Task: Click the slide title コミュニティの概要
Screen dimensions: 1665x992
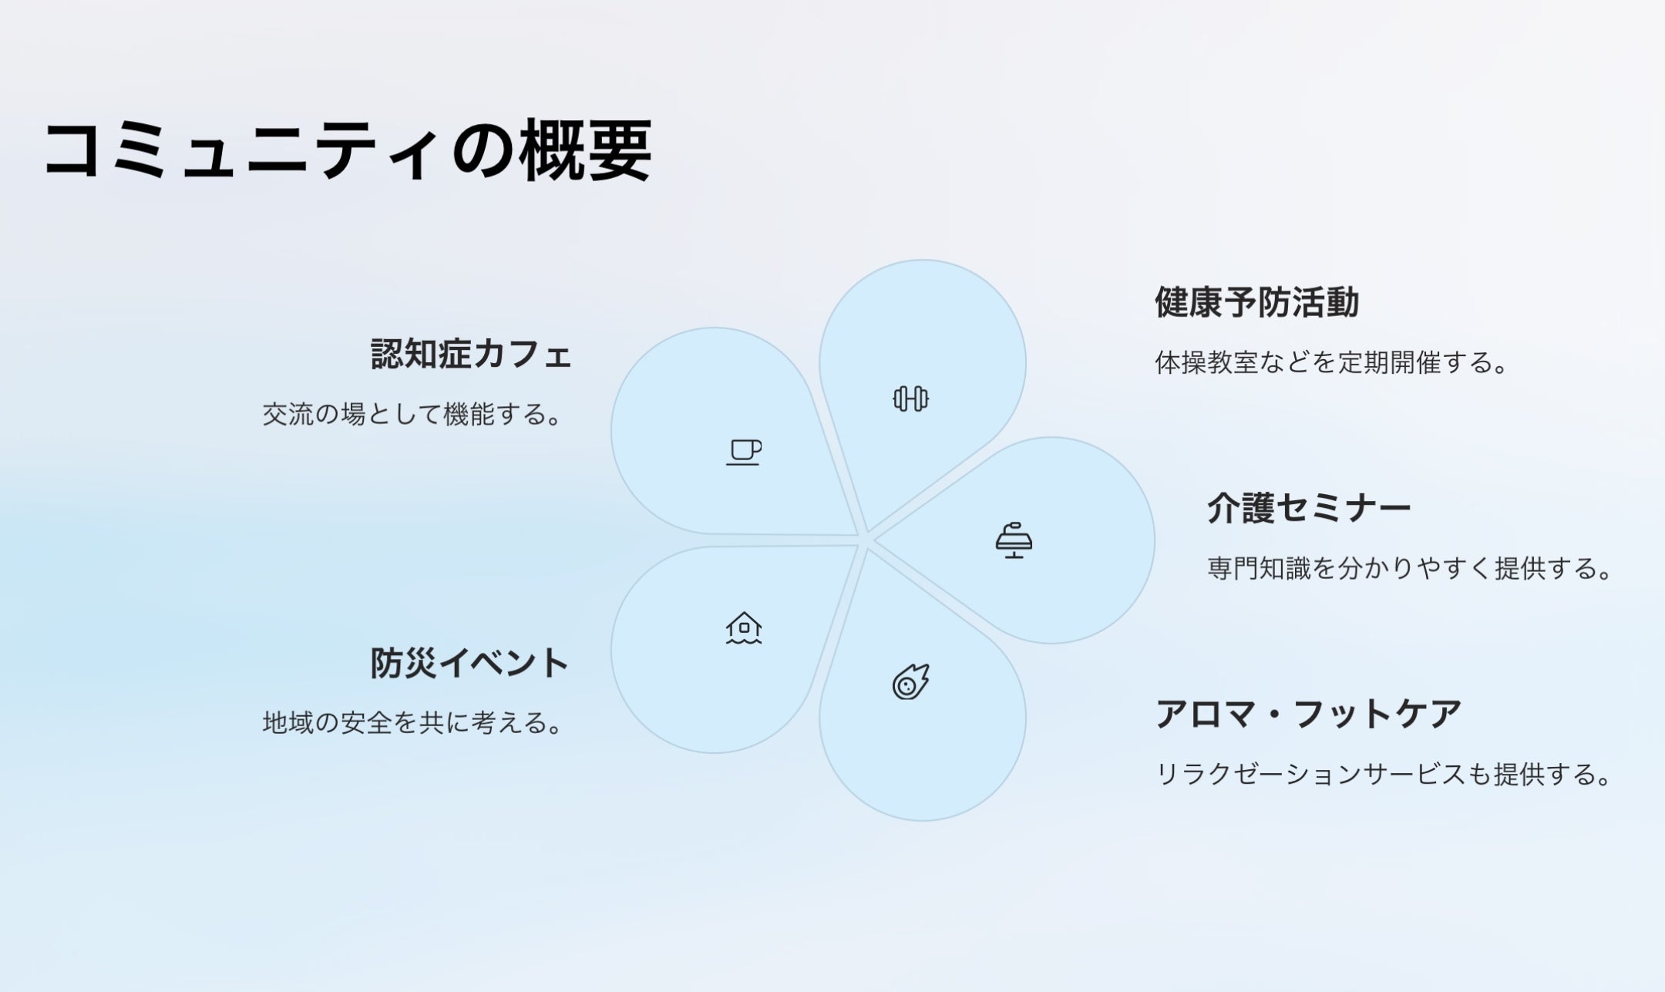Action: (348, 150)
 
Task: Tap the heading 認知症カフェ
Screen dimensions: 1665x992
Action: (471, 355)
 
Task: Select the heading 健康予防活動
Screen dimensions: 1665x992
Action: (1256, 302)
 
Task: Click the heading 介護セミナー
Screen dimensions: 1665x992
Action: (1309, 509)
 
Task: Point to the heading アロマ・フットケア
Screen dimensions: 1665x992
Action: (1308, 714)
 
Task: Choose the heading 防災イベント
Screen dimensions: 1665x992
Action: (469, 663)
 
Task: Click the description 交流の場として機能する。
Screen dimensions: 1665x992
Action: (412, 415)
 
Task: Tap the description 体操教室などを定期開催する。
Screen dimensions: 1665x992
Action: (1331, 362)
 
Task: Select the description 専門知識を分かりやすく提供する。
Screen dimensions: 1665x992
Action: (1410, 569)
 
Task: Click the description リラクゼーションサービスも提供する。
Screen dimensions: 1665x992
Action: (1384, 774)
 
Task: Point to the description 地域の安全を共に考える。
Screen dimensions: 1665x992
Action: (412, 723)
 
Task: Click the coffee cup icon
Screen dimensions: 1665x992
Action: (744, 452)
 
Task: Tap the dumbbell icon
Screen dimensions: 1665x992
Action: (910, 398)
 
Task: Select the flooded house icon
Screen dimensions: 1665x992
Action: (744, 627)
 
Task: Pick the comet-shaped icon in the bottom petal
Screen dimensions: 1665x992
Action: (910, 681)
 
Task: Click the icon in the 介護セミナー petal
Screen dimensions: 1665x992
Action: (1014, 540)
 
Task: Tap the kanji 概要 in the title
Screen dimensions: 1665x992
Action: (586, 150)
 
